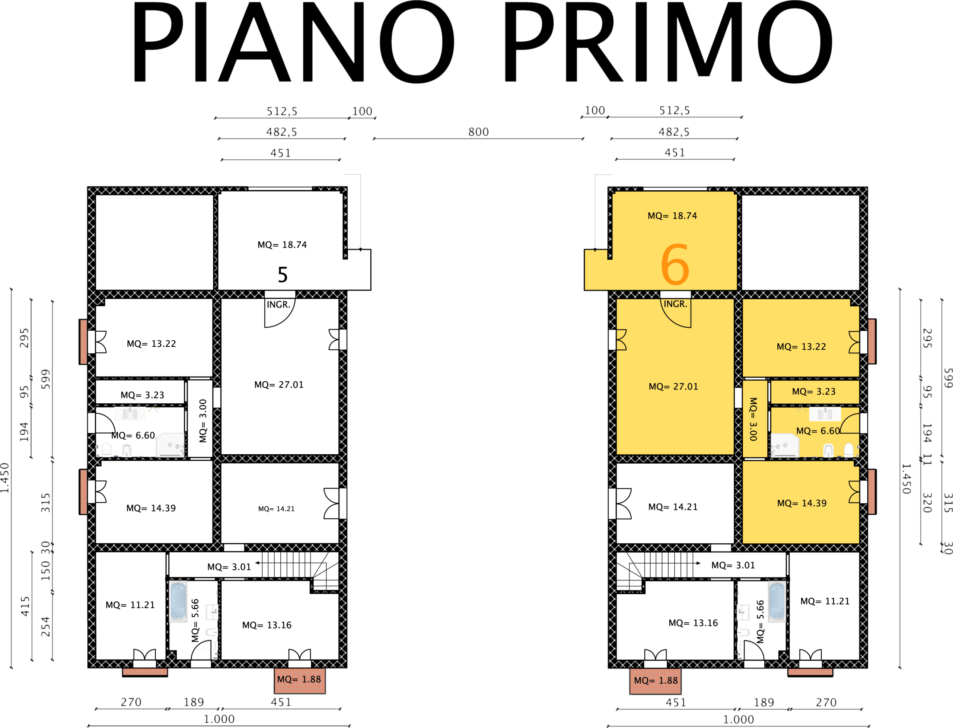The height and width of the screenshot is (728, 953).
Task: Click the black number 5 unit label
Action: point(283,274)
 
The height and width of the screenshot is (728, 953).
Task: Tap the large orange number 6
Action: point(675,264)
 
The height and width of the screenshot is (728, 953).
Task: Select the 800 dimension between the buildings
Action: point(478,132)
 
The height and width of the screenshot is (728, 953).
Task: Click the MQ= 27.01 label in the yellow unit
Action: point(673,387)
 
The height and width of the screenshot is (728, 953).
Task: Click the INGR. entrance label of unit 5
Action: point(278,305)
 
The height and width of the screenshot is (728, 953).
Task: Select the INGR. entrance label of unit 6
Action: point(675,304)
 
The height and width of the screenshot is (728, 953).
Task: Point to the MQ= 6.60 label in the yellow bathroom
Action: point(818,431)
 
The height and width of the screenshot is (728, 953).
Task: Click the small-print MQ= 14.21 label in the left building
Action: point(276,509)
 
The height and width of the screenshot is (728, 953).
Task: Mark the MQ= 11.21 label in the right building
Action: point(825,601)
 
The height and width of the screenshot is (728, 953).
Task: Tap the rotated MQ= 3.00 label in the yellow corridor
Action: point(753,419)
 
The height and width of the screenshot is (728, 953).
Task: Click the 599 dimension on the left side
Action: point(45,379)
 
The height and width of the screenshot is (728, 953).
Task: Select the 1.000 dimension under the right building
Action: point(738,719)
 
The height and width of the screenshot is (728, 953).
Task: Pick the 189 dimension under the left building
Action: point(194,702)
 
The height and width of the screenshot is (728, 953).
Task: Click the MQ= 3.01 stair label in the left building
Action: point(229,567)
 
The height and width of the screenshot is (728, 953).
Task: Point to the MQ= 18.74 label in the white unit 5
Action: point(282,245)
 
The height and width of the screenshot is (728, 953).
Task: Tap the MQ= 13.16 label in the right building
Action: point(693,623)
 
